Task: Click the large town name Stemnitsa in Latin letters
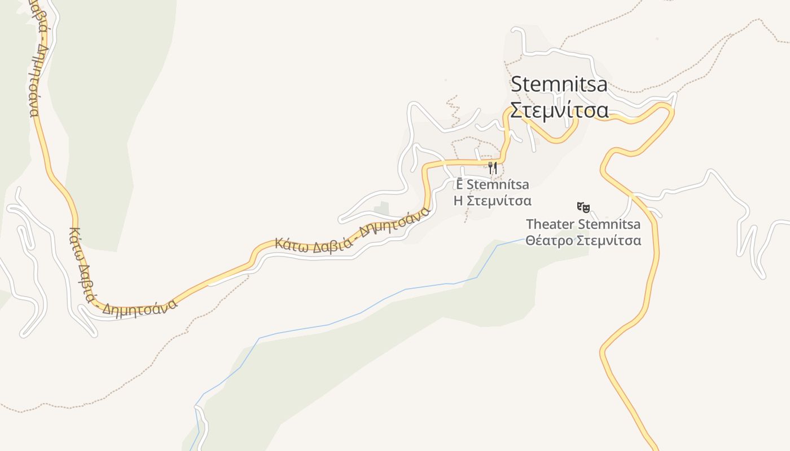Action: [x=559, y=85]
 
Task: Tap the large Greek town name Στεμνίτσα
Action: [x=559, y=110]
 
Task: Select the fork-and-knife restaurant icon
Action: [x=493, y=167]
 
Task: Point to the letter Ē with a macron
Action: [x=460, y=184]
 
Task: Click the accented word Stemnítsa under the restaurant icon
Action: [x=498, y=184]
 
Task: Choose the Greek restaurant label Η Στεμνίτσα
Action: [x=493, y=201]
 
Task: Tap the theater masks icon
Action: [x=583, y=207]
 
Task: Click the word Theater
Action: [x=550, y=224]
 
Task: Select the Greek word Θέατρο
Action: [x=549, y=241]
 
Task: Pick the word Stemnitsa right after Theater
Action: [x=609, y=224]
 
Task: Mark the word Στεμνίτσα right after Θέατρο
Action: [x=609, y=241]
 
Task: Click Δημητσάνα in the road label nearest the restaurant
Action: [x=395, y=224]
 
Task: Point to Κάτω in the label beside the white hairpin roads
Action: [x=74, y=241]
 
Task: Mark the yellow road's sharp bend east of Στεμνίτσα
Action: [x=671, y=109]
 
